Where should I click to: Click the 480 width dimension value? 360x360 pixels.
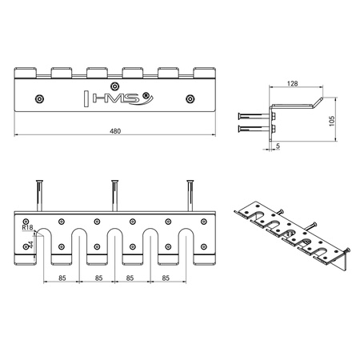115,131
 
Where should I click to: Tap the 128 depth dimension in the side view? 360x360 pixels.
292,84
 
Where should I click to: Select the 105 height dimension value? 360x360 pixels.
332,121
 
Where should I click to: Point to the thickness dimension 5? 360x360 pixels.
278,146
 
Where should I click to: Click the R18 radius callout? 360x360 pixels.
27,227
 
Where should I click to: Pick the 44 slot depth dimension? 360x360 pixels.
30,245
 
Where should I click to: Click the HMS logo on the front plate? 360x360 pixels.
118,98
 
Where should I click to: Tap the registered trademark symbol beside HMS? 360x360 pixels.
146,96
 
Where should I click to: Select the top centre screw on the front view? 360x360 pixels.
114,86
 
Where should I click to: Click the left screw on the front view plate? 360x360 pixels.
39,99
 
